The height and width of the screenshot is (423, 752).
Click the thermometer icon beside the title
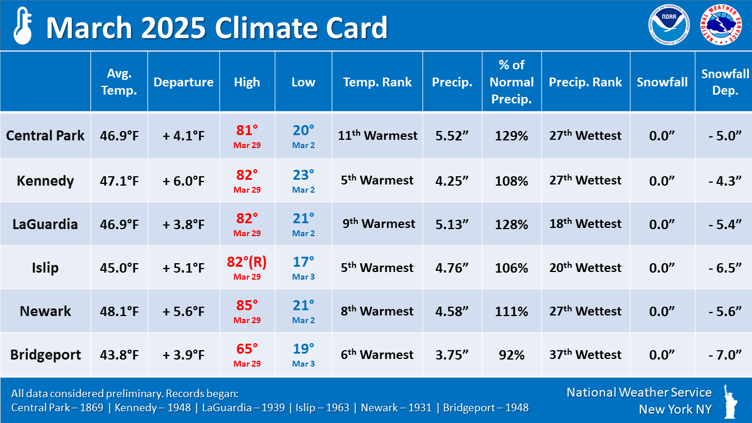22,26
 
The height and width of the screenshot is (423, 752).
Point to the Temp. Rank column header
378,82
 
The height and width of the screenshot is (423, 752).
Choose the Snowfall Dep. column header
725,82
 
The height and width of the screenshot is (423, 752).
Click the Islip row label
45,268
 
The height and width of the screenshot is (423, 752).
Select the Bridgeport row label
45,355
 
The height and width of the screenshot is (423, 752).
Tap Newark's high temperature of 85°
247,306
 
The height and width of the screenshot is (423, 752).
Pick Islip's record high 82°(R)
247,263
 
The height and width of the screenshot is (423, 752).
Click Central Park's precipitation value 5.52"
452,136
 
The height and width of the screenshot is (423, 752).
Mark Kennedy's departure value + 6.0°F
183,180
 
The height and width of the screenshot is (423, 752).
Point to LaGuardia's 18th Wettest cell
585,224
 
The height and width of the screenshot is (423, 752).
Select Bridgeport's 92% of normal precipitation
511,355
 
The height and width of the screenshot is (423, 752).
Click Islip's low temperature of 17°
303,263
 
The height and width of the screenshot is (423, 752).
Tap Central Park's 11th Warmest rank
378,136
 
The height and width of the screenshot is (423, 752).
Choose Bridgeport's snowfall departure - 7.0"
725,355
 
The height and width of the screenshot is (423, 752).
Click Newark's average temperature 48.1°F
119,311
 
